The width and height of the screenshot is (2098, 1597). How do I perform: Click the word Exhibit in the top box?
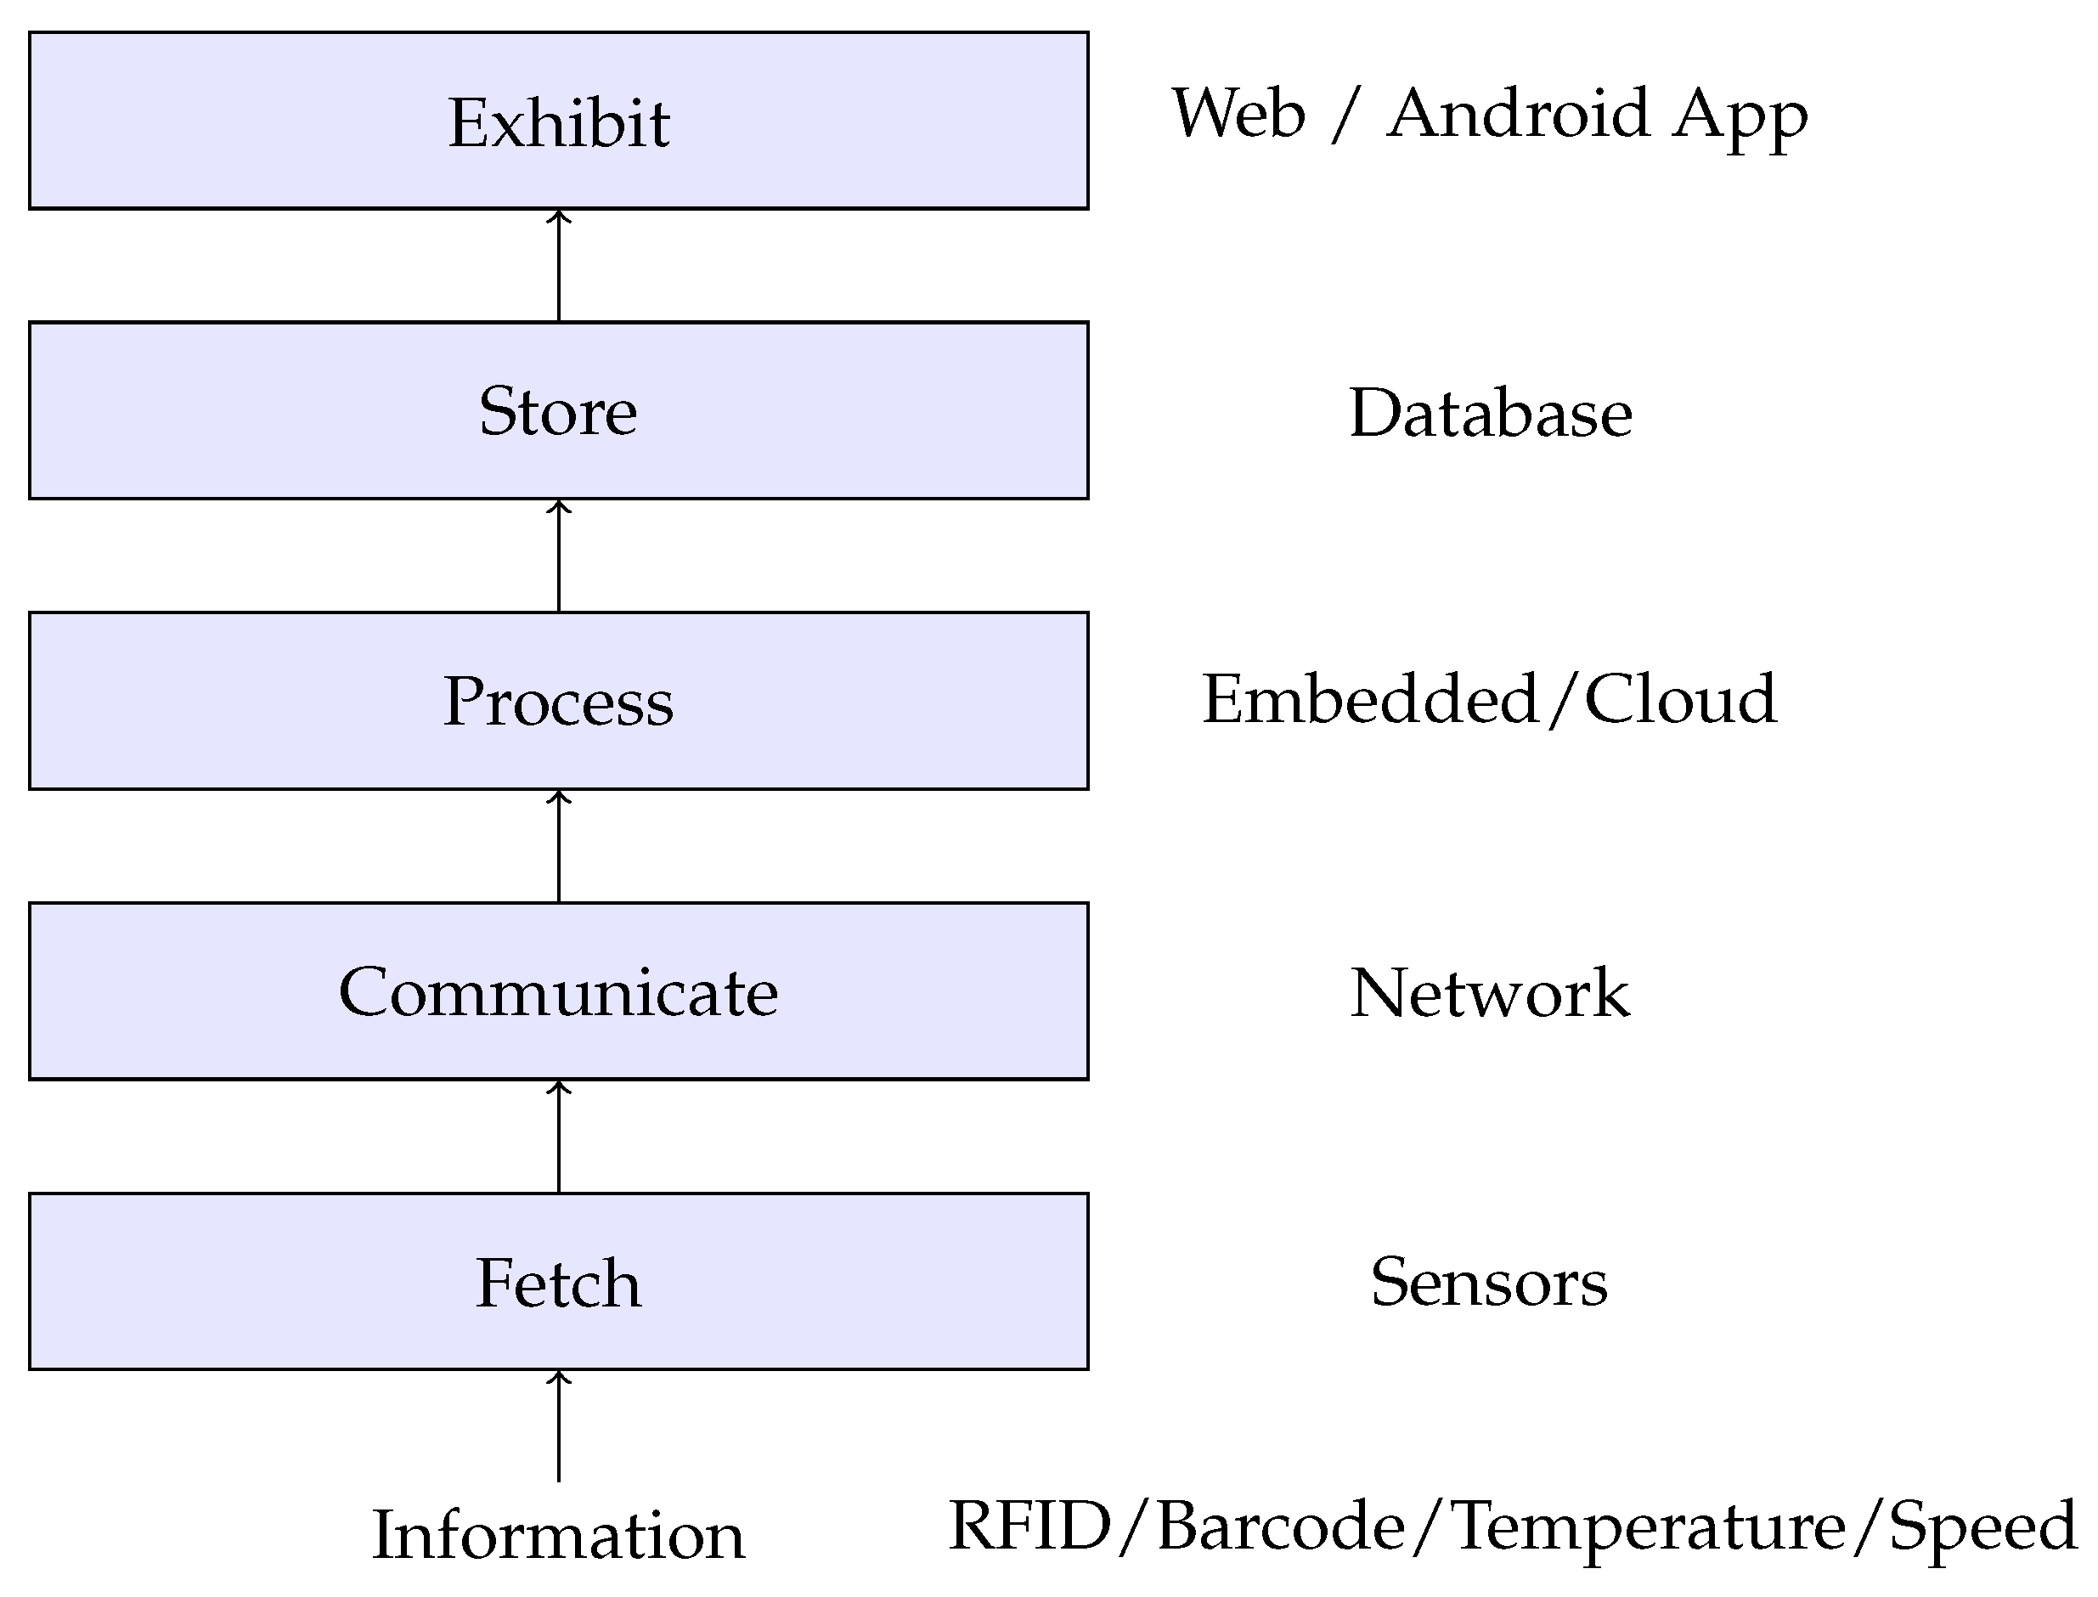coord(559,122)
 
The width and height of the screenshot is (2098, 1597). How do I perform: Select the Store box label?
coord(558,412)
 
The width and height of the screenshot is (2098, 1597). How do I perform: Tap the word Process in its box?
coord(558,702)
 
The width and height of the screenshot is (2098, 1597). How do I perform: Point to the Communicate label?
coord(558,992)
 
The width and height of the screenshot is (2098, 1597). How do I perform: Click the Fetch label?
coord(558,1283)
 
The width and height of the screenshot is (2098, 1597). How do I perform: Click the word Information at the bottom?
coord(558,1535)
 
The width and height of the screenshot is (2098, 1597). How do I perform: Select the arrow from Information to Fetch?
coord(559,1426)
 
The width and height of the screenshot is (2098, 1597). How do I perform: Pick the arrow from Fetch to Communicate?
coord(559,1137)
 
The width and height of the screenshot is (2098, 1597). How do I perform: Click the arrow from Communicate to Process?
coord(559,846)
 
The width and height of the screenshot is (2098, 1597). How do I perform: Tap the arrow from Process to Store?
coord(559,556)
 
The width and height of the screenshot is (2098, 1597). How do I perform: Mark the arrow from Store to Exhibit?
coord(559,266)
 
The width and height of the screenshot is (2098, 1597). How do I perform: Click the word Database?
coord(1490,414)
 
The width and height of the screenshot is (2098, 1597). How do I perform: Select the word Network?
coord(1490,992)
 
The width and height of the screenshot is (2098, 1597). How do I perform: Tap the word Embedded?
coord(1370,700)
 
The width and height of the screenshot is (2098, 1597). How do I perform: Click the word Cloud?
coord(1680,700)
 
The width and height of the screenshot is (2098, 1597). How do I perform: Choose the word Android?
coord(1518,114)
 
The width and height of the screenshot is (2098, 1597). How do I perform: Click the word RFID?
coord(1030,1526)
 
